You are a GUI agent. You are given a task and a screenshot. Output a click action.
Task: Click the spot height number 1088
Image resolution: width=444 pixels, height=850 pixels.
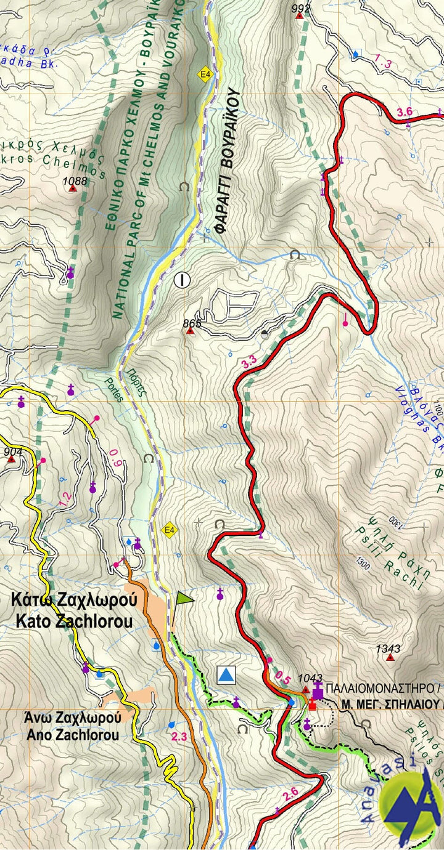point(75,181)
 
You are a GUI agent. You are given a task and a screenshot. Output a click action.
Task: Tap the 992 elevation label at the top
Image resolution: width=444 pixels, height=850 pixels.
point(300,8)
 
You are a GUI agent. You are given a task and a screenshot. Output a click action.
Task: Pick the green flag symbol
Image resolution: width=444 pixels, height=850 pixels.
point(184,598)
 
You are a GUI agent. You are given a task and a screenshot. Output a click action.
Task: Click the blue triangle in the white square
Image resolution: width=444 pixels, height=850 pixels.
point(227,675)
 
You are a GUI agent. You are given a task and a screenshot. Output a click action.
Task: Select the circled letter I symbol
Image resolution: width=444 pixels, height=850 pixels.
point(182,280)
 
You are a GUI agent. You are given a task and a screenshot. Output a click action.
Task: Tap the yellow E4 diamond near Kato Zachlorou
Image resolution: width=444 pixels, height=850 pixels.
point(168,529)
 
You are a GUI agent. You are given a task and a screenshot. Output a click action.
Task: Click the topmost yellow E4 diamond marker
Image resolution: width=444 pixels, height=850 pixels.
point(204,75)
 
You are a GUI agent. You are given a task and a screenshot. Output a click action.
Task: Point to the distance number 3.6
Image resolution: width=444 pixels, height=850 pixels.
point(405,111)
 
